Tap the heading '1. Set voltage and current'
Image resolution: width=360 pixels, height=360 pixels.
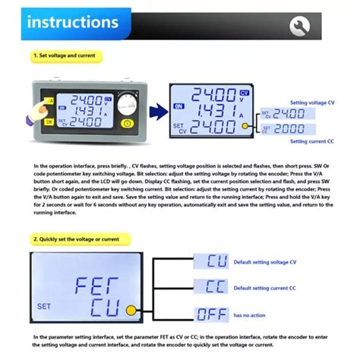[66, 55]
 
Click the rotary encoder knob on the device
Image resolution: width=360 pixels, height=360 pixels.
[128, 104]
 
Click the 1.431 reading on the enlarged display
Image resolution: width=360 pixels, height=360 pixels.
[216, 111]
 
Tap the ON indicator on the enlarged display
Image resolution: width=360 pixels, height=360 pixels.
[178, 108]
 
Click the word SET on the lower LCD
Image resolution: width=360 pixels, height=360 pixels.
[44, 307]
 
